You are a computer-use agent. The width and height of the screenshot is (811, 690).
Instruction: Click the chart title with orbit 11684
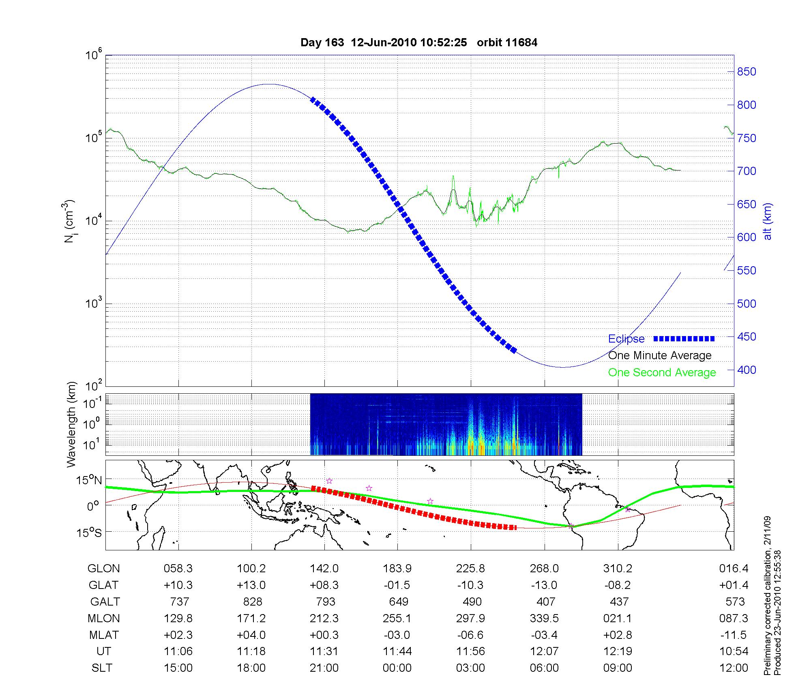[419, 43]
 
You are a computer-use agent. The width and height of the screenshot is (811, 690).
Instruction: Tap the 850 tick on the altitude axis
[746, 72]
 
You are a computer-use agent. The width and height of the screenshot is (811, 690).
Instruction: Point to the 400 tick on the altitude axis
[746, 370]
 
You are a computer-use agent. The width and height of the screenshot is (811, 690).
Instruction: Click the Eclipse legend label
[626, 339]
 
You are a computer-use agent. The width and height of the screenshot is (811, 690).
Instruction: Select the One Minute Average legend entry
[660, 356]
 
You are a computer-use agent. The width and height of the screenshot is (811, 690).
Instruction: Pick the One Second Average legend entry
[662, 373]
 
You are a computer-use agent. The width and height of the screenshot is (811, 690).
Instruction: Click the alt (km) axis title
[768, 221]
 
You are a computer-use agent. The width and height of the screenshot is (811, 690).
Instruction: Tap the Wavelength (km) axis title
[71, 424]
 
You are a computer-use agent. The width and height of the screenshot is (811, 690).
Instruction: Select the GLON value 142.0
[324, 569]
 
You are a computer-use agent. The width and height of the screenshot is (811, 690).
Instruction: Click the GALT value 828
[252, 602]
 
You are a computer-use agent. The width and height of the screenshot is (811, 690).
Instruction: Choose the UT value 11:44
[397, 651]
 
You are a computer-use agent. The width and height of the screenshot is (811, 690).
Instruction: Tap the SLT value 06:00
[544, 668]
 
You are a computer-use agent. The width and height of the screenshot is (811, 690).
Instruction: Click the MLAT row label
[104, 635]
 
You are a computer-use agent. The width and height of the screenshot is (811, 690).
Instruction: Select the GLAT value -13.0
[544, 585]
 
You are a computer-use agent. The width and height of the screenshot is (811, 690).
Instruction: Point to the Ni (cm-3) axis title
[69, 221]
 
